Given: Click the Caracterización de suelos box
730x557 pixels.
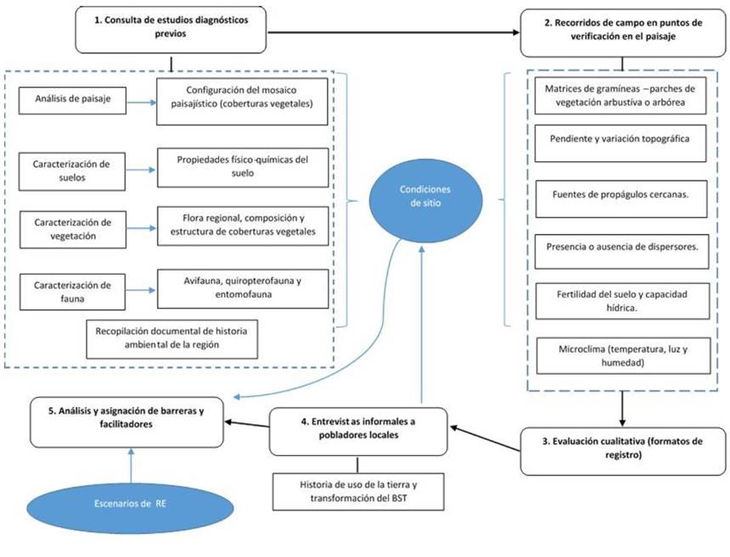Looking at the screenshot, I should (72, 168).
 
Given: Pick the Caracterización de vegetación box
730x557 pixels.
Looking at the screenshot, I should (72, 229).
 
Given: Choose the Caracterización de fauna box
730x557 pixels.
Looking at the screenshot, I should (72, 291).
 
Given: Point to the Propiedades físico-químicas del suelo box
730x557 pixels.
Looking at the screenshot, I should (243, 168).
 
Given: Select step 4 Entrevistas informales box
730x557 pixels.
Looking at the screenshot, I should (359, 431).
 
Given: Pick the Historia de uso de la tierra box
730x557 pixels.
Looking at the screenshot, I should (357, 493).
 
